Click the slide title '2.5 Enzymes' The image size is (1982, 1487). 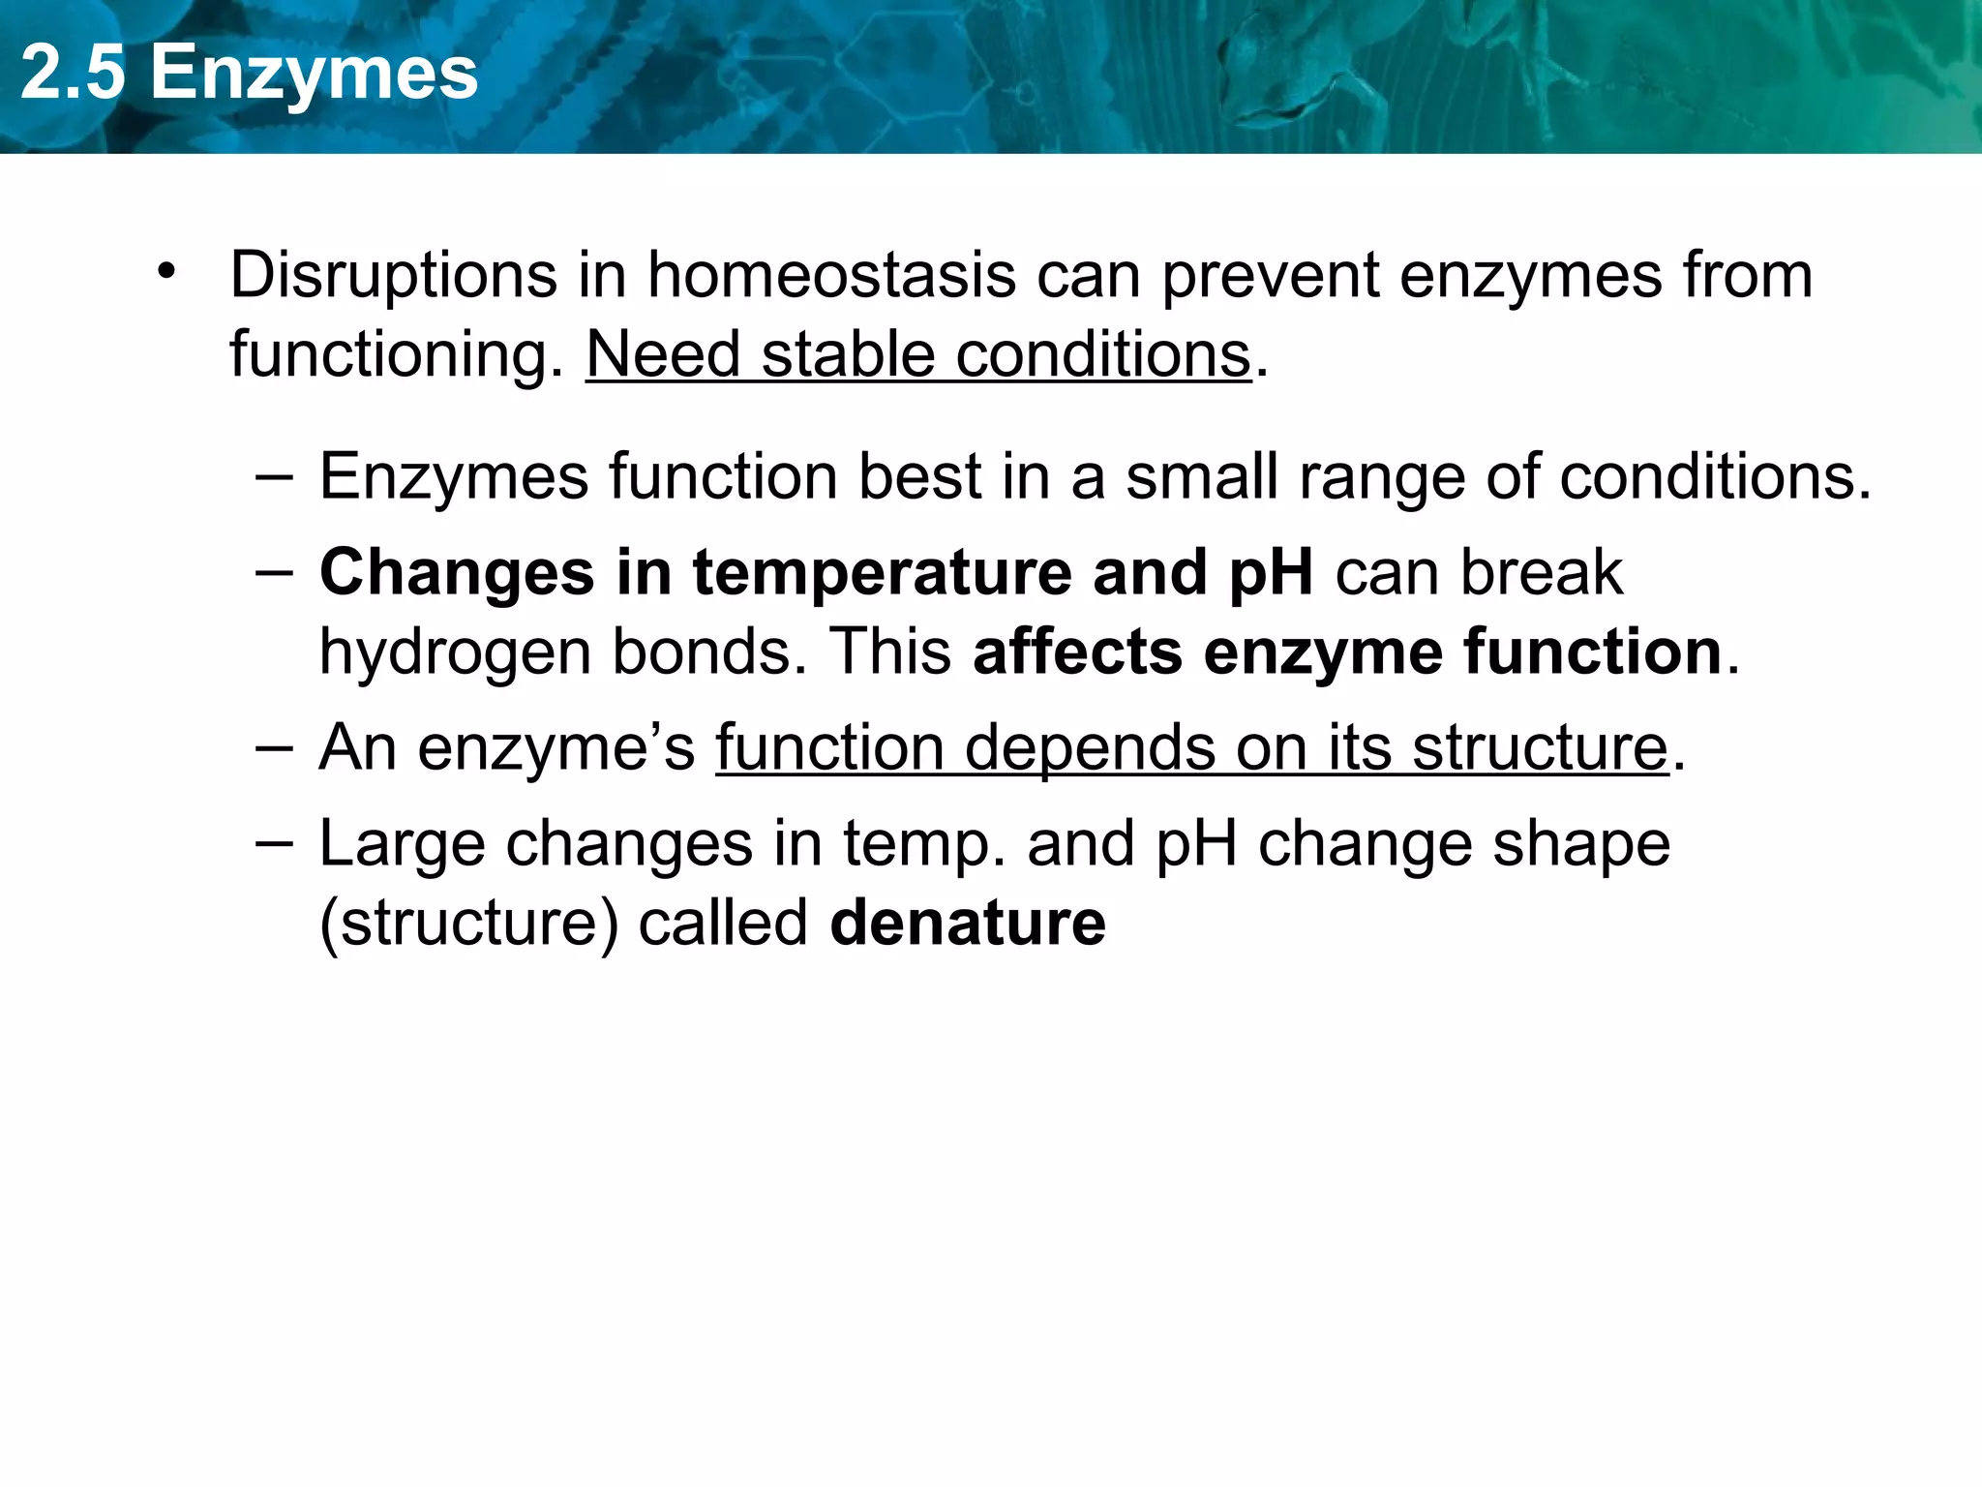249,74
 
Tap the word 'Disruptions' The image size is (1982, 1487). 393,276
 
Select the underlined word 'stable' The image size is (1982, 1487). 848,354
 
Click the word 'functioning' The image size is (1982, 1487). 396,356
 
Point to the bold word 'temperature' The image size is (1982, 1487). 882,573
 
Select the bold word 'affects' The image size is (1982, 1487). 1077,652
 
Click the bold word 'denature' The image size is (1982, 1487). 968,923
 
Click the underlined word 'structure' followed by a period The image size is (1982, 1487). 1540,748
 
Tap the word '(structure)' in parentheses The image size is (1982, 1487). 468,924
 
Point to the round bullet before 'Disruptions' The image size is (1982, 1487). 167,272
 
